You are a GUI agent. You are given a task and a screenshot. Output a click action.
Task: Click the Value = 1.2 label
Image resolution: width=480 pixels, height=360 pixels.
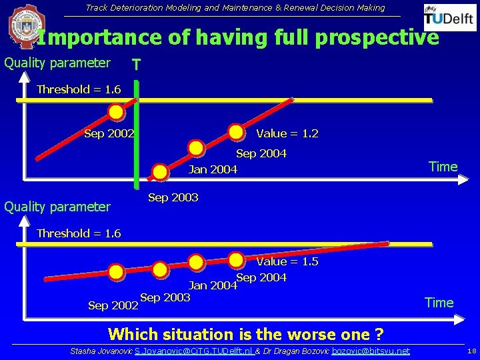(287, 134)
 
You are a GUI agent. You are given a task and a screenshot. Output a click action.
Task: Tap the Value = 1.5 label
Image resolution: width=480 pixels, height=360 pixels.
(287, 261)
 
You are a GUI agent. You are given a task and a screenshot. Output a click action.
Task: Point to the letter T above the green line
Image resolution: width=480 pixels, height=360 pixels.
(136, 65)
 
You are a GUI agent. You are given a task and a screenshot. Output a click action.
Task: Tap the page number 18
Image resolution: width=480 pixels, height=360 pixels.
(471, 351)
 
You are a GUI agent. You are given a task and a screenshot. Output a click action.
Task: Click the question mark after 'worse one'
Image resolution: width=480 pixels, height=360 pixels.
(379, 334)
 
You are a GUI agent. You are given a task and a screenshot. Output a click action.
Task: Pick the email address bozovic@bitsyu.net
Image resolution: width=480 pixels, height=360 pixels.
(371, 351)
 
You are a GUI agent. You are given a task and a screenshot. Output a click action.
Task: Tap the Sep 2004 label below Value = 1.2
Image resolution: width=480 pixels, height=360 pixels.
(261, 153)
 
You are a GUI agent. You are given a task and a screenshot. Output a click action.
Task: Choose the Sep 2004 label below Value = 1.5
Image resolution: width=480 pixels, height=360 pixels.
(261, 277)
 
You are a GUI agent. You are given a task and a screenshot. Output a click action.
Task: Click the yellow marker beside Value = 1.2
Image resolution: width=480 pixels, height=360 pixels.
(236, 132)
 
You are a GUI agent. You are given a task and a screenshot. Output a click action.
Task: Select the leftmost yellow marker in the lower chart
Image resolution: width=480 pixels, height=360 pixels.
(117, 272)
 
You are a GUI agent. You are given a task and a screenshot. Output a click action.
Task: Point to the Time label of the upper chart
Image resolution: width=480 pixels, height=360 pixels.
(443, 167)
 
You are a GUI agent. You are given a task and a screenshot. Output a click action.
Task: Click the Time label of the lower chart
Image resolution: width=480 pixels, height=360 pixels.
(439, 303)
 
